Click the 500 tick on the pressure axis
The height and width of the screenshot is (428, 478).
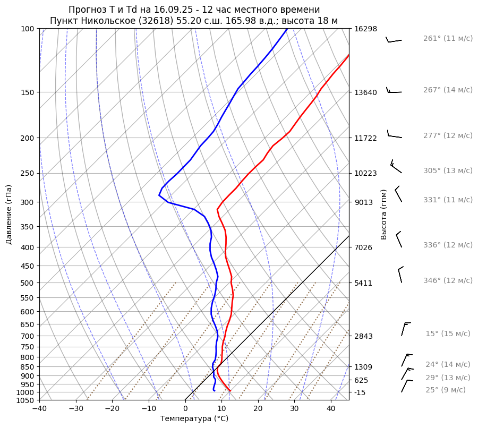pyautogui.click(x=28, y=283)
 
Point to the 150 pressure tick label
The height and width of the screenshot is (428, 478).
pyautogui.click(x=28, y=92)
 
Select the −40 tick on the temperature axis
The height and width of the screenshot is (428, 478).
pyautogui.click(x=39, y=409)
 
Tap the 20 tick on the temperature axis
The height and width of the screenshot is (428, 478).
pyautogui.click(x=258, y=409)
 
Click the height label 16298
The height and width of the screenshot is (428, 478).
pyautogui.click(x=365, y=29)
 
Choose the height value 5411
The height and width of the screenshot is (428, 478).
pyautogui.click(x=363, y=283)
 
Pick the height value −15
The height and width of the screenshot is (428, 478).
pyautogui.click(x=361, y=392)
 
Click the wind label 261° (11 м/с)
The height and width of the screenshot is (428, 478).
pyautogui.click(x=448, y=39)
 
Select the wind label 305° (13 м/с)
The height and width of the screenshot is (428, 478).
pyautogui.click(x=448, y=171)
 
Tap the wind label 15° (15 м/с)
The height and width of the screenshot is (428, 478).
pyautogui.click(x=448, y=334)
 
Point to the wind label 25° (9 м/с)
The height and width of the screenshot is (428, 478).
pyautogui.click(x=446, y=390)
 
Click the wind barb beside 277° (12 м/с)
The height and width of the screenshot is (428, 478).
pyautogui.click(x=394, y=135)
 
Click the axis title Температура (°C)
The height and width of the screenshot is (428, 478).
pyautogui.click(x=194, y=418)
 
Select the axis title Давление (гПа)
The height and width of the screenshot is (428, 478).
pyautogui.click(x=9, y=215)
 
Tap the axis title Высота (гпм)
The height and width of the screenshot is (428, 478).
pyautogui.click(x=383, y=214)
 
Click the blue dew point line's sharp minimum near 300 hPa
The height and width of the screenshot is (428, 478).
pyautogui.click(x=159, y=195)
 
